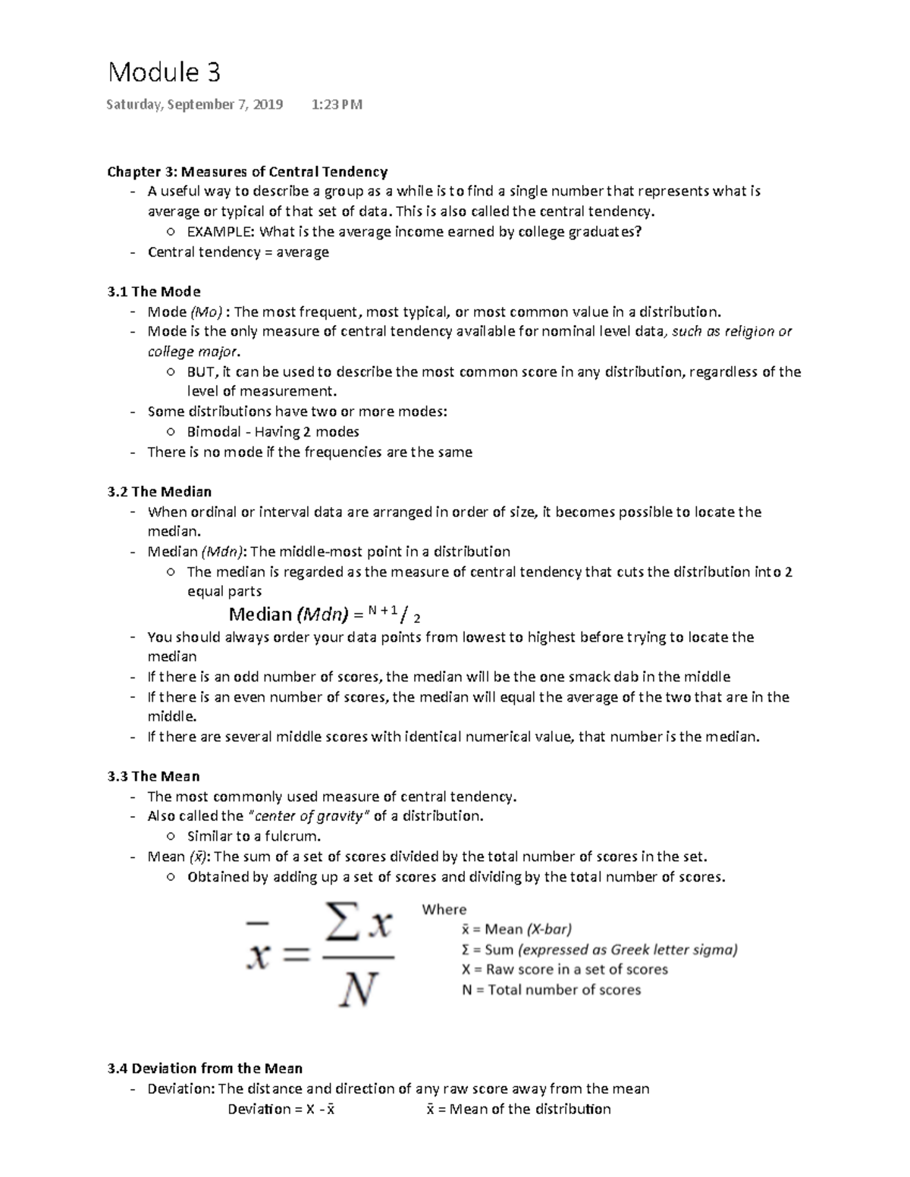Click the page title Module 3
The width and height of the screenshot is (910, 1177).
click(164, 73)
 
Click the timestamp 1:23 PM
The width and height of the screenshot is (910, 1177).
click(337, 105)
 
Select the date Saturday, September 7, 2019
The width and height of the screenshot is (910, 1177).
click(195, 105)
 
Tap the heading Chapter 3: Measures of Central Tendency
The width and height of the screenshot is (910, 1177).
click(247, 172)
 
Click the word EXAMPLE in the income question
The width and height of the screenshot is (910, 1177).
click(221, 232)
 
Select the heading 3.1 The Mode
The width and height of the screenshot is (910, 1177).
click(154, 292)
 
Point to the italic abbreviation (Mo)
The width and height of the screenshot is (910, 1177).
click(206, 311)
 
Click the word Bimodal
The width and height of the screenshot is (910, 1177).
click(214, 432)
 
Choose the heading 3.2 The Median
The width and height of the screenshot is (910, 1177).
click(159, 492)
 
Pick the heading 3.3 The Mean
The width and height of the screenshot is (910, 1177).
click(154, 777)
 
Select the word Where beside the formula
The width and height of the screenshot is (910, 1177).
click(444, 909)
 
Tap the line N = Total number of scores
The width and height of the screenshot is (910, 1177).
click(551, 990)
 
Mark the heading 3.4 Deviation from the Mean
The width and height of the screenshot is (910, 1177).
click(205, 1069)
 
